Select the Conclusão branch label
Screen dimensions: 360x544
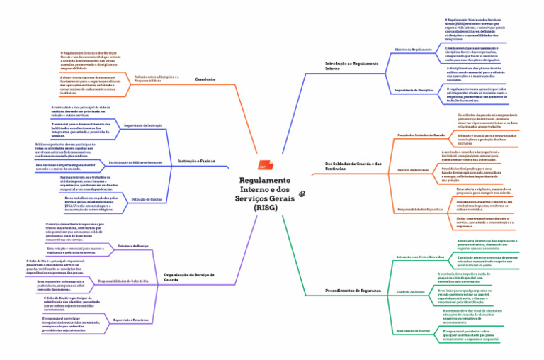coord(205,79)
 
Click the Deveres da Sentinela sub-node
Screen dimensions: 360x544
coord(414,170)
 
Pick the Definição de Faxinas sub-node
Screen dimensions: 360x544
coord(147,200)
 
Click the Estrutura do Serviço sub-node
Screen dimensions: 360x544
coord(132,245)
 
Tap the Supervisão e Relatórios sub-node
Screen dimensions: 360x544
coord(131,320)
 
